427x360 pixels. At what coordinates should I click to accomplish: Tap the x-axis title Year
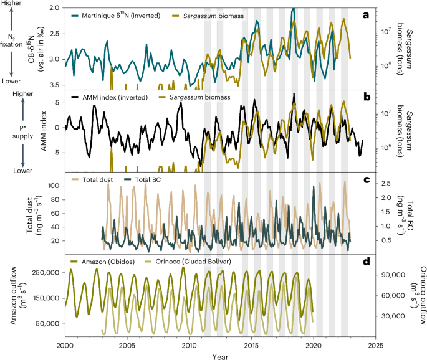(221, 356)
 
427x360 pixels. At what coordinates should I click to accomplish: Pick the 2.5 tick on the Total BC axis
(386, 182)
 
